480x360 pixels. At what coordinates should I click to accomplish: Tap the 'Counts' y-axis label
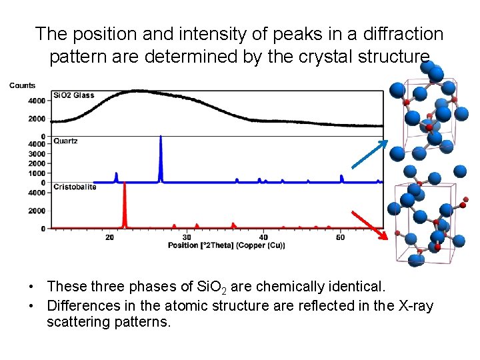(x=22, y=85)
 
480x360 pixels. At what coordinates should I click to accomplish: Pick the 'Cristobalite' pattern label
(x=75, y=187)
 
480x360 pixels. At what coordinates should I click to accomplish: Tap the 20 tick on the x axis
(x=110, y=237)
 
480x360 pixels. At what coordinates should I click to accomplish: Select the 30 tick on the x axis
(x=187, y=237)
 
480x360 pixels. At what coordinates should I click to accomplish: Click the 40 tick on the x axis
(x=263, y=237)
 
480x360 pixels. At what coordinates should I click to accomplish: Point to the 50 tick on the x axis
(x=340, y=237)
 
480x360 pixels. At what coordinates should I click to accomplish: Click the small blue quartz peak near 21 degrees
(x=117, y=177)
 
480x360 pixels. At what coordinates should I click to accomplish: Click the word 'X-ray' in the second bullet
(x=414, y=305)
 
